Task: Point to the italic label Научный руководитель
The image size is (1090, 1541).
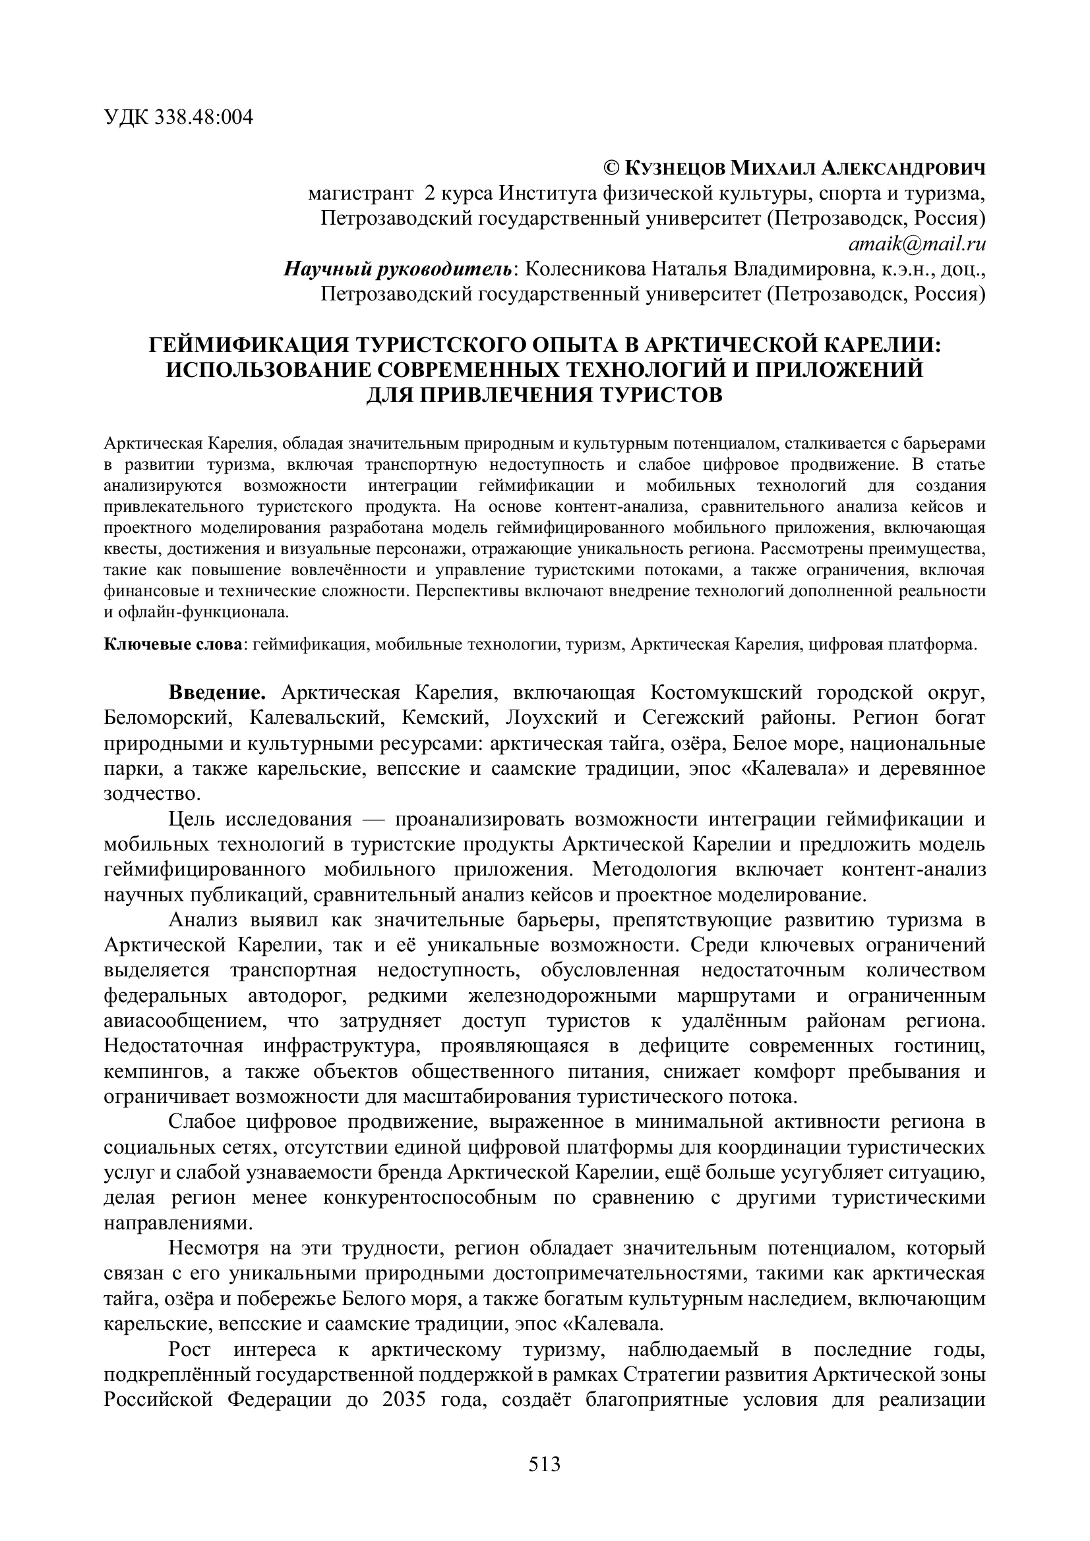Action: coord(398,269)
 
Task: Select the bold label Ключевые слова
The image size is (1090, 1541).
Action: coord(173,645)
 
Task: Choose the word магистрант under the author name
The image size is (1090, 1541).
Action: coord(360,194)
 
